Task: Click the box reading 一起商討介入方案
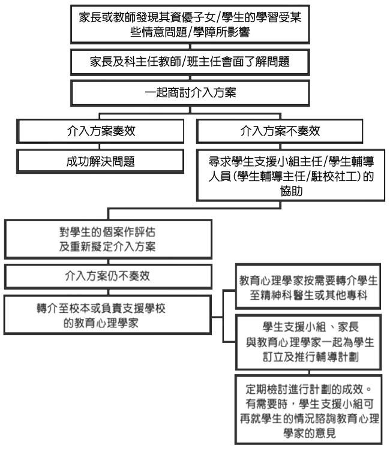(190, 93)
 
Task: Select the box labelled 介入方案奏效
(100, 131)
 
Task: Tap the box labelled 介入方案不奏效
(280, 131)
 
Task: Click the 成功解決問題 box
(100, 161)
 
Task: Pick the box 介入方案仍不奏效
(108, 276)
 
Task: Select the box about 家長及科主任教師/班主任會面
(190, 62)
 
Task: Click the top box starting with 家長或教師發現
(190, 25)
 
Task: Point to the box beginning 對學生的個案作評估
(108, 239)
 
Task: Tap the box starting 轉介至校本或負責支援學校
(107, 315)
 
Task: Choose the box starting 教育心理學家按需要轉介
(308, 287)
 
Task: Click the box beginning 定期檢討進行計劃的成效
(308, 409)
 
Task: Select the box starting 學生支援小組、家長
(308, 342)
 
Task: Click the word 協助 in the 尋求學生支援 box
(291, 191)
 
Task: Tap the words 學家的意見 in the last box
(309, 433)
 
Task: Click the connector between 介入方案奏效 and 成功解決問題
(100, 146)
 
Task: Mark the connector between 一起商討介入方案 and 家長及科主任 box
(190, 78)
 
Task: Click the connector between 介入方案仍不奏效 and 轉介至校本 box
(108, 292)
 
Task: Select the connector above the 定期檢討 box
(309, 372)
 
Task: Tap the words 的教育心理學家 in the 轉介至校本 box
(101, 323)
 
